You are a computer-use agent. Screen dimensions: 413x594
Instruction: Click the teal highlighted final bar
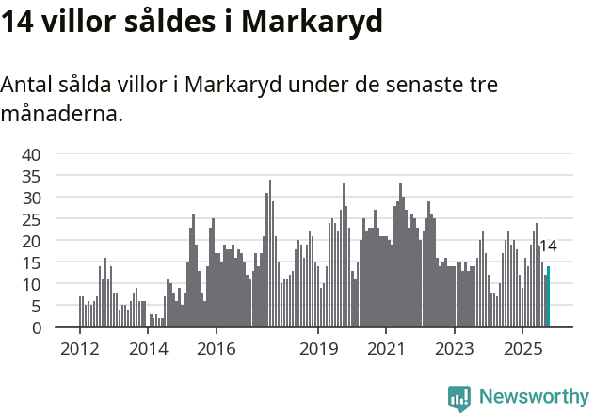click(x=548, y=297)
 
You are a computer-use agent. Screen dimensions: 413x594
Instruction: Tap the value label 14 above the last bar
click(x=547, y=246)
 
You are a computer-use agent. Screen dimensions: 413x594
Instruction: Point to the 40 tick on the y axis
click(x=32, y=154)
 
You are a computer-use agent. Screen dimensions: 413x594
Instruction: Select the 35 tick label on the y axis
click(x=32, y=176)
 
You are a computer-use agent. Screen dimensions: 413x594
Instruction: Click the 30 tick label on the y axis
click(x=32, y=198)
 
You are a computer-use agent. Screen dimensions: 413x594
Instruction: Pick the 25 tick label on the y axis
click(x=32, y=219)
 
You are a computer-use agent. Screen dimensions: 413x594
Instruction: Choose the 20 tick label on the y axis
click(x=32, y=241)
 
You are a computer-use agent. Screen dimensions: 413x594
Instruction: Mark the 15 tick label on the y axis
click(x=32, y=262)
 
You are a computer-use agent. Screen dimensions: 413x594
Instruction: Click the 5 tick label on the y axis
click(x=37, y=306)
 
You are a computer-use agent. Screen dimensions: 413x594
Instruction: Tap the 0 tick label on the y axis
click(x=37, y=327)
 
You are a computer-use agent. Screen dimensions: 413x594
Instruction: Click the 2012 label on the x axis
click(x=80, y=349)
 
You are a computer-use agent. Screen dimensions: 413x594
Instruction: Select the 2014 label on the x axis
click(x=148, y=349)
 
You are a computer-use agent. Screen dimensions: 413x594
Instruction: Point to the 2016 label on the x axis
click(x=216, y=349)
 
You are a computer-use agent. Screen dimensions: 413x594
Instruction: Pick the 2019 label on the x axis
click(x=318, y=349)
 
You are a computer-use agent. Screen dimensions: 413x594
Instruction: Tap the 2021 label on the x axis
click(x=386, y=349)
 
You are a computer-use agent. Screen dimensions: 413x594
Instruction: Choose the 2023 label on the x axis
click(x=455, y=349)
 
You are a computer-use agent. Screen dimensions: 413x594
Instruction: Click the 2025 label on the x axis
click(x=522, y=349)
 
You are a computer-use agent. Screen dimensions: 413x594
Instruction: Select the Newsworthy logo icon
click(x=459, y=398)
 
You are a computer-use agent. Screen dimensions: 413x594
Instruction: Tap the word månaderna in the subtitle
click(x=62, y=115)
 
